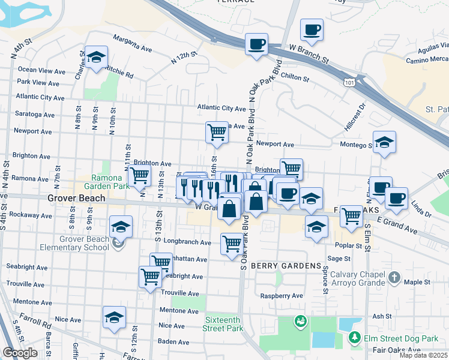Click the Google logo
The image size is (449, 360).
[x=20, y=353]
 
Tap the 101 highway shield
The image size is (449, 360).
[x=348, y=80]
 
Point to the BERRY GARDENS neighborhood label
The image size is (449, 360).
[x=278, y=266]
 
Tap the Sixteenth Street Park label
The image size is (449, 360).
[x=224, y=324]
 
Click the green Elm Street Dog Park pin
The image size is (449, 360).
[x=355, y=338]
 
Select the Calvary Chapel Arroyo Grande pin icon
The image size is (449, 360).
[x=394, y=277]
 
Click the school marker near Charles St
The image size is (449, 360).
[x=96, y=58]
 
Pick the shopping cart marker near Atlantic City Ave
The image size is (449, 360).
[x=217, y=133]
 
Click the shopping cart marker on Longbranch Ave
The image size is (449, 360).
[x=232, y=244]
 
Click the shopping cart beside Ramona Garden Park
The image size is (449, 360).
[x=139, y=176]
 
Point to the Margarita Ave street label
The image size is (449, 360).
[x=136, y=46]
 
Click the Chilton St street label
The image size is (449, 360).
[x=294, y=78]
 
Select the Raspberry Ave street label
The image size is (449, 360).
[x=282, y=296]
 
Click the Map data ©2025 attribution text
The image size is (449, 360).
[x=424, y=355]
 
